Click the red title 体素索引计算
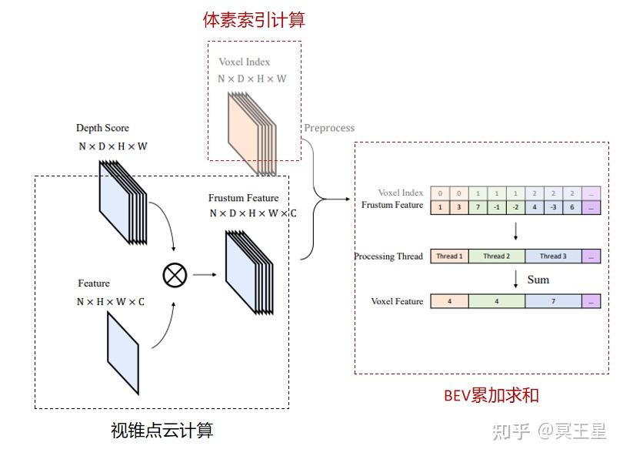click(254, 20)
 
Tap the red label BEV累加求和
click(491, 396)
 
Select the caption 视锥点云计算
click(162, 431)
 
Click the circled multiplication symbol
click(175, 274)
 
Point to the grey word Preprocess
click(329, 128)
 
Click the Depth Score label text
click(102, 128)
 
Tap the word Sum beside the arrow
click(538, 280)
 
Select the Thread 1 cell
click(449, 256)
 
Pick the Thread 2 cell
click(497, 256)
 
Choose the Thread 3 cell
click(553, 256)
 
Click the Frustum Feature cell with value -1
click(497, 207)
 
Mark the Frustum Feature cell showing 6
click(572, 207)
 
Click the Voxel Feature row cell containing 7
click(553, 302)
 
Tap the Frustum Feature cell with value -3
click(553, 207)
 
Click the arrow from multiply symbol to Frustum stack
click(204, 273)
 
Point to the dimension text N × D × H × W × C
click(253, 213)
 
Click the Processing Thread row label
click(388, 256)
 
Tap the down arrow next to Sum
click(515, 279)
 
